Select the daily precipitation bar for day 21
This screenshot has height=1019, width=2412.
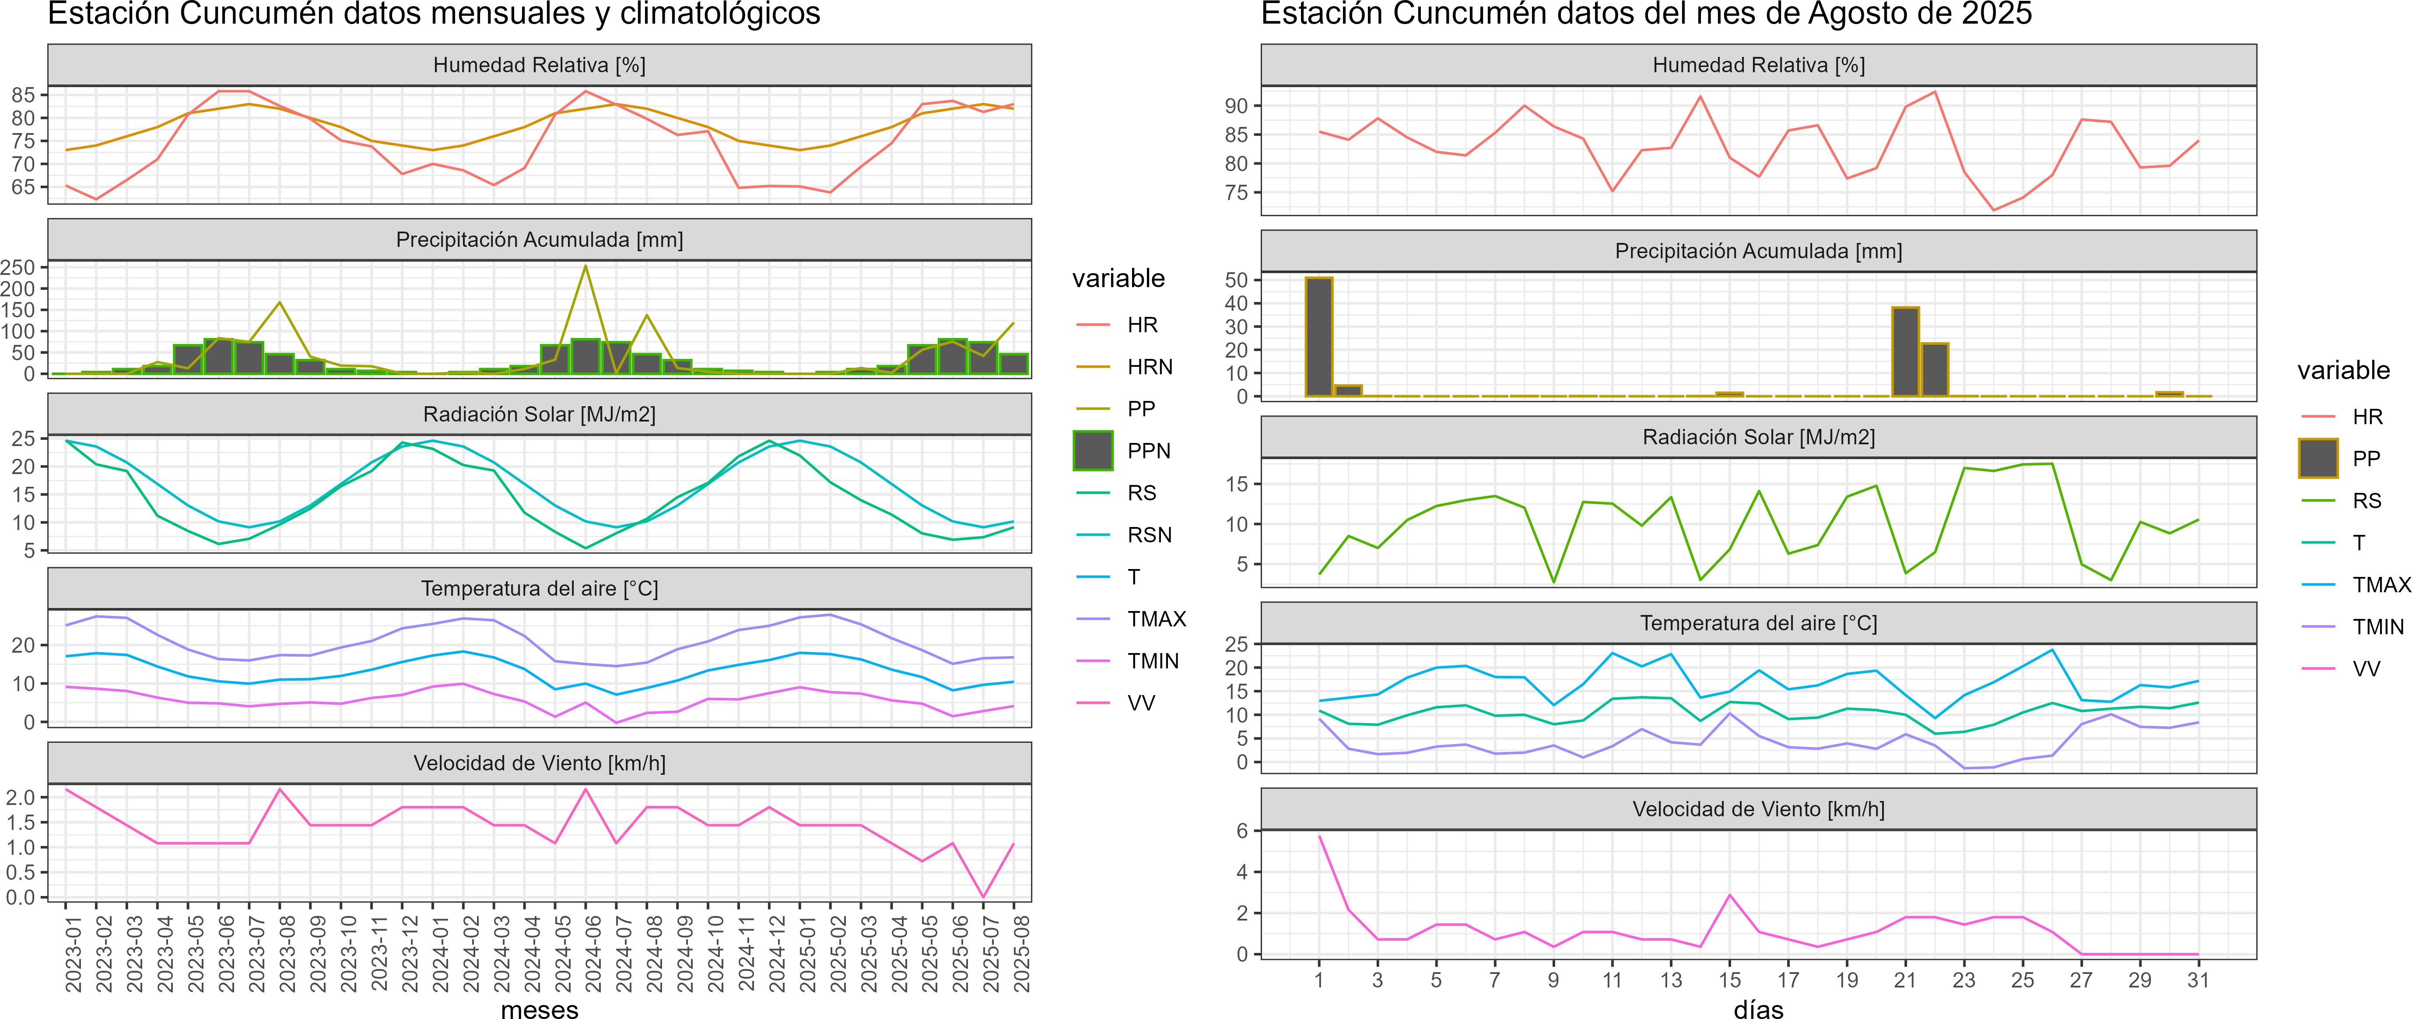click(x=1905, y=352)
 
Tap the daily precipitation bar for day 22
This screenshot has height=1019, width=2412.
click(x=1935, y=370)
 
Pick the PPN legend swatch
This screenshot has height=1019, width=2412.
click(x=1093, y=450)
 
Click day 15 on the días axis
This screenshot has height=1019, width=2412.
click(x=1729, y=980)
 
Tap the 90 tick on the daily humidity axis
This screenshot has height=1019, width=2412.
click(x=1236, y=106)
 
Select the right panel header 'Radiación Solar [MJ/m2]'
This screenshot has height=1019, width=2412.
click(x=1758, y=437)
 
